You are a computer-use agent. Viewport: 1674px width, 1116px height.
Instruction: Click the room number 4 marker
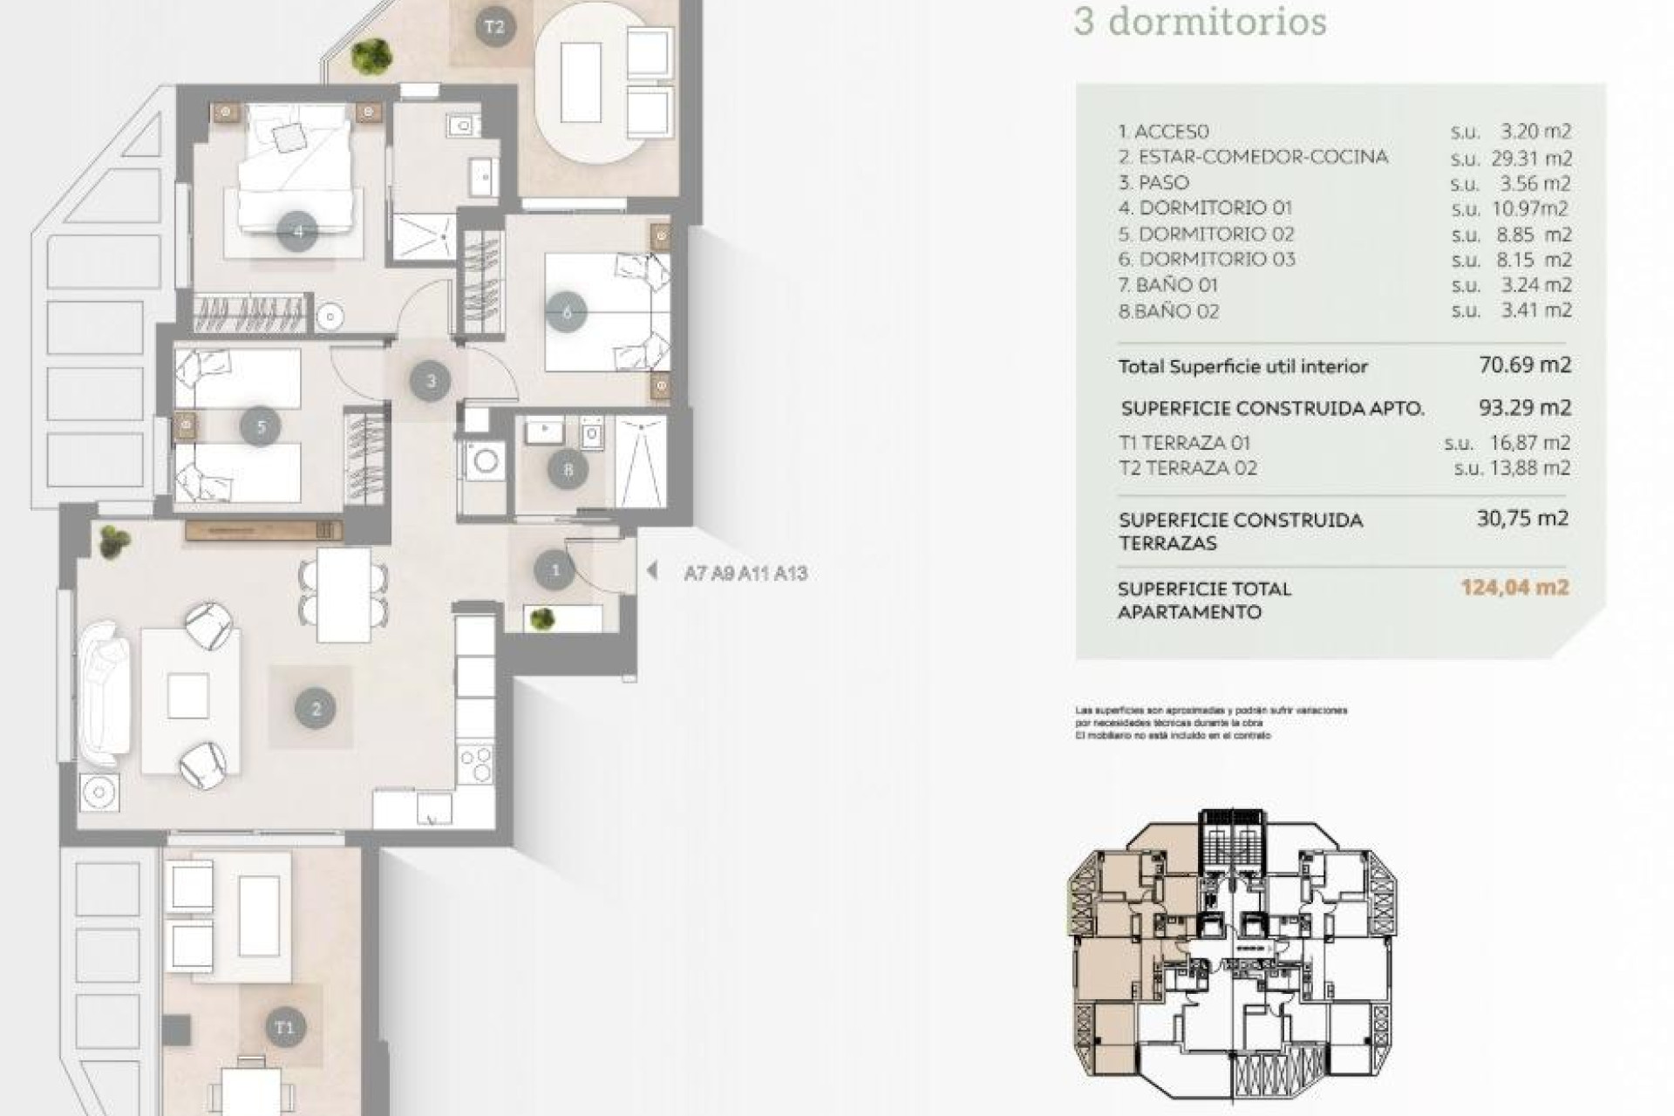point(297,232)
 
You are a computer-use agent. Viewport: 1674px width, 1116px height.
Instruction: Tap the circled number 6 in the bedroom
point(567,312)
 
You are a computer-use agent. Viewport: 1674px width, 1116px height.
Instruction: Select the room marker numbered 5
point(261,426)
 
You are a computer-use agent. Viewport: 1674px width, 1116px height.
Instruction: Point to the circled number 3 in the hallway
point(431,381)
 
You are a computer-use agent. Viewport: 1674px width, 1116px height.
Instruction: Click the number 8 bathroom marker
point(568,471)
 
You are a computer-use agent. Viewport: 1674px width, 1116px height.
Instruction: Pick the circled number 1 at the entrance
point(555,571)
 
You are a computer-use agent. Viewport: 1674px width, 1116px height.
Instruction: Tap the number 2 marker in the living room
point(316,709)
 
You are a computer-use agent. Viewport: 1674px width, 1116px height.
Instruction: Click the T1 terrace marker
point(284,1027)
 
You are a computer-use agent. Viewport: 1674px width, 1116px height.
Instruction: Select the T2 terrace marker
point(493,26)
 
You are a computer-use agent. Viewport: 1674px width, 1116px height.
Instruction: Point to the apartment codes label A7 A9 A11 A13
point(745,574)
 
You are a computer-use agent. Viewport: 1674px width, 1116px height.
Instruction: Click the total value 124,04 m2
point(1515,588)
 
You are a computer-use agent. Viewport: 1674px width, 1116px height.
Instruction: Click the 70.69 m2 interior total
point(1525,364)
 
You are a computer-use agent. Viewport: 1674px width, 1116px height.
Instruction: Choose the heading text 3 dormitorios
point(1200,22)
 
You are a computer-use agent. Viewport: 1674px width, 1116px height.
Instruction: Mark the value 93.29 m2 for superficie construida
point(1525,407)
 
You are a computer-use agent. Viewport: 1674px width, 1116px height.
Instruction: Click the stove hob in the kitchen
point(476,765)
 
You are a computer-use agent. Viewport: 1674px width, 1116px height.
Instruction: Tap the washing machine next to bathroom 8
point(483,459)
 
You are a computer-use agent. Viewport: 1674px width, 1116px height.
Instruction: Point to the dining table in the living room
point(344,595)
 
